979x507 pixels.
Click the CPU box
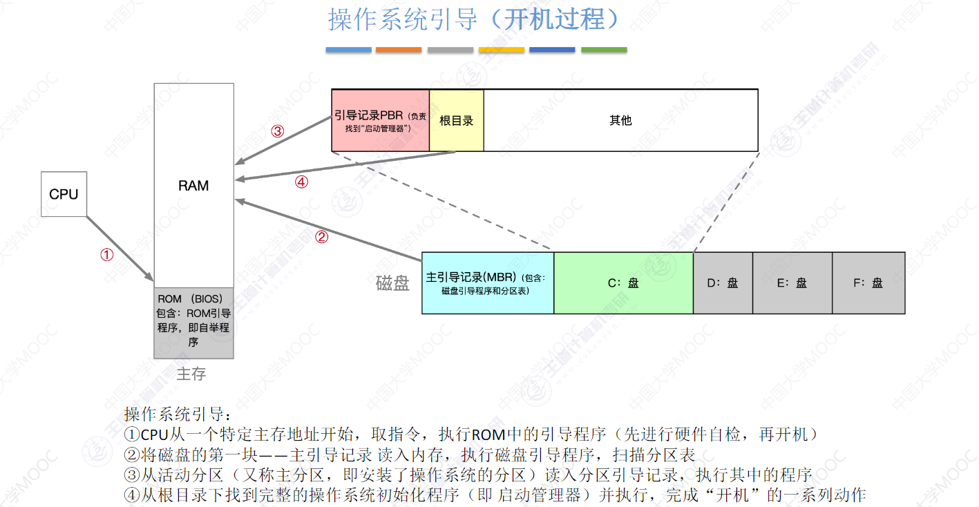click(x=64, y=194)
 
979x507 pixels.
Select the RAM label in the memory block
click(x=193, y=186)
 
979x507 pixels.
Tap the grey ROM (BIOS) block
click(x=193, y=322)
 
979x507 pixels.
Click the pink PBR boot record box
click(x=380, y=120)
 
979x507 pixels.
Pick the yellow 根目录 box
click(x=456, y=120)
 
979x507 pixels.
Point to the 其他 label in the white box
click(x=620, y=120)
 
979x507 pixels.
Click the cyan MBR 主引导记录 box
click(x=487, y=283)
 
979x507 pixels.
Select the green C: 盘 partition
click(x=623, y=283)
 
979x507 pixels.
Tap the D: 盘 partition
click(x=723, y=283)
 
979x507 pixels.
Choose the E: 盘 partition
click(x=792, y=283)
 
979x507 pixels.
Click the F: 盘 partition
click(x=868, y=283)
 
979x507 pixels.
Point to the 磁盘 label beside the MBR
click(x=393, y=283)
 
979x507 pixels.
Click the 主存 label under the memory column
click(x=191, y=374)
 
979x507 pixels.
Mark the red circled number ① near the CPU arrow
click(x=106, y=255)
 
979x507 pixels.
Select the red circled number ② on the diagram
click(x=321, y=237)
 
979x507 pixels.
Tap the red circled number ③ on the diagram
click(x=277, y=131)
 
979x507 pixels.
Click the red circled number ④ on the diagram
click(x=301, y=182)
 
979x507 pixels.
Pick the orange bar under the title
click(x=399, y=50)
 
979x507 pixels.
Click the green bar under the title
click(x=604, y=50)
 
